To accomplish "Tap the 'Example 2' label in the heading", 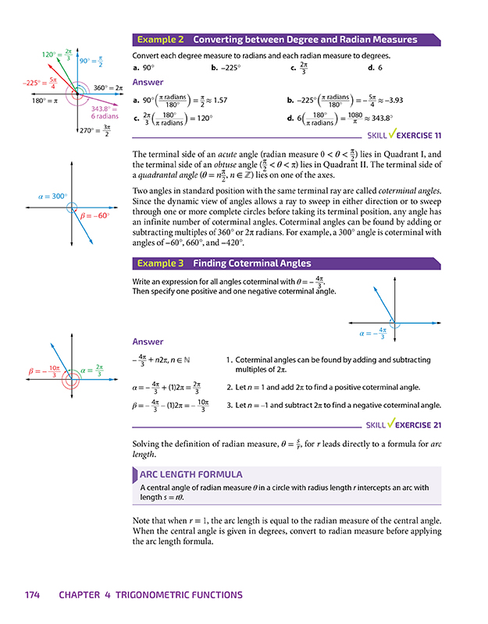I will click(160, 40).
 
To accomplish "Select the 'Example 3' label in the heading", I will click(160, 264).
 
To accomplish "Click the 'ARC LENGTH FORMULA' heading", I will click(191, 474).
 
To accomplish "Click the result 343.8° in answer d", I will click(376, 120).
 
